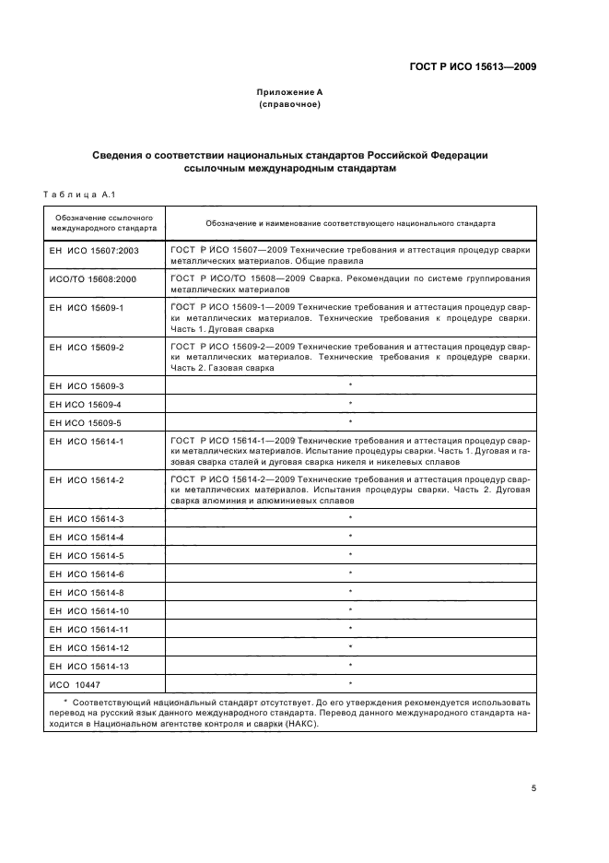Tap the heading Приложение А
[289, 93]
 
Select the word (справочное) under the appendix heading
[289, 105]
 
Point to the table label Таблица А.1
[77, 195]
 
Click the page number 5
[534, 787]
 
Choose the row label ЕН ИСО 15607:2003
[92, 250]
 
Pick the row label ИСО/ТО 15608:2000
[92, 278]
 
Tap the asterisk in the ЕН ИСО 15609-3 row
[351, 385]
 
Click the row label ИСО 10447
[76, 684]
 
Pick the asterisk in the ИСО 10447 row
[351, 684]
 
